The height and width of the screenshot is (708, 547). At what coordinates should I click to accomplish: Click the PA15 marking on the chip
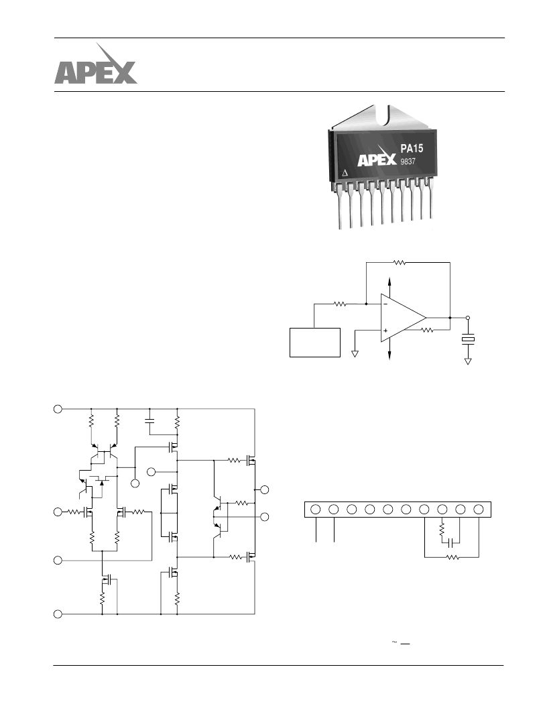[x=412, y=149]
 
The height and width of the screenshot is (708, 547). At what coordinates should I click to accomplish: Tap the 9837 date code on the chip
[x=408, y=161]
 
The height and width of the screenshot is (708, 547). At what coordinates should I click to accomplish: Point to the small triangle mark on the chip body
[x=345, y=173]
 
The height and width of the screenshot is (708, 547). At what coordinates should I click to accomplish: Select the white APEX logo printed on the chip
[x=377, y=156]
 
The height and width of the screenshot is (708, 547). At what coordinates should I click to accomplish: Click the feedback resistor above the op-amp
[x=400, y=262]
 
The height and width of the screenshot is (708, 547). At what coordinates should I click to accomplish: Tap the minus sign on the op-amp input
[x=385, y=304]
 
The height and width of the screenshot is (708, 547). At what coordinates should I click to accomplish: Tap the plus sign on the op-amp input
[x=385, y=331]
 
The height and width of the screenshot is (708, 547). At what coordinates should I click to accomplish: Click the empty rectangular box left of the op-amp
[x=315, y=343]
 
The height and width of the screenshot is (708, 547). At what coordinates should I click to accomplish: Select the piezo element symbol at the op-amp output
[x=468, y=339]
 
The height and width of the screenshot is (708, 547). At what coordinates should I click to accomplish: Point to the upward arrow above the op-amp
[x=389, y=286]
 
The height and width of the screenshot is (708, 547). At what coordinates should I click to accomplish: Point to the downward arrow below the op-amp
[x=389, y=351]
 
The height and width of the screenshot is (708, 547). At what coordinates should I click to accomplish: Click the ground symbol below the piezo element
[x=468, y=361]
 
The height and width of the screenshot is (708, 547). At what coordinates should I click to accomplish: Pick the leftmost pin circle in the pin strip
[x=316, y=510]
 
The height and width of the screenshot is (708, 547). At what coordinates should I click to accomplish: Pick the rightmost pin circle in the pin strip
[x=479, y=510]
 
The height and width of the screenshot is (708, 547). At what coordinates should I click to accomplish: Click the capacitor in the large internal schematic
[x=150, y=421]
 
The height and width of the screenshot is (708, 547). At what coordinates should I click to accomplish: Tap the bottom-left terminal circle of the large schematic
[x=58, y=614]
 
